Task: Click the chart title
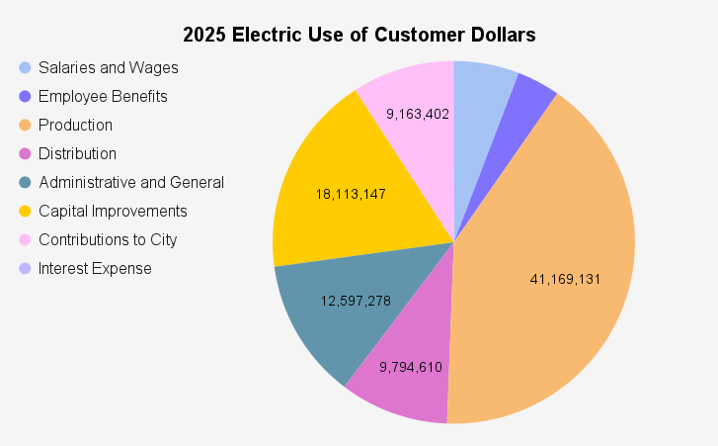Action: (x=359, y=35)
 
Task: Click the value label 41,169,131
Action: (x=566, y=279)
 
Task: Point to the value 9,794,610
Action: (x=411, y=367)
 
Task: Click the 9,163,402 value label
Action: (x=418, y=114)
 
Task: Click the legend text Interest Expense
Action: (x=95, y=269)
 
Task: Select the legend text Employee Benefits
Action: (x=103, y=97)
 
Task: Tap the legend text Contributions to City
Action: (x=108, y=240)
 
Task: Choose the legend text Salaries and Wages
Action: (x=108, y=68)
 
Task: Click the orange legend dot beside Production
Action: (x=25, y=126)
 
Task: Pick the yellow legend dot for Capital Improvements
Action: (x=25, y=212)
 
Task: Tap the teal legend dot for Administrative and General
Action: (x=25, y=183)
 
